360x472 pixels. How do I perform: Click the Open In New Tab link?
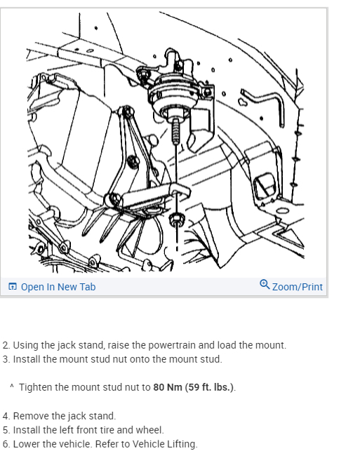[58, 287]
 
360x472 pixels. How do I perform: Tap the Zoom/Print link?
[297, 287]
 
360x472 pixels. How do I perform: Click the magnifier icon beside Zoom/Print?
[264, 285]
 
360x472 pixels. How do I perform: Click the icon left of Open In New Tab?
[13, 287]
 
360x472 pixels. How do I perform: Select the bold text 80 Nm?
[168, 387]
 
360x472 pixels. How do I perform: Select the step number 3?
[6, 359]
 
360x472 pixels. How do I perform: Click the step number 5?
[6, 430]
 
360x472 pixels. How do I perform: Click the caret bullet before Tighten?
[12, 386]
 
